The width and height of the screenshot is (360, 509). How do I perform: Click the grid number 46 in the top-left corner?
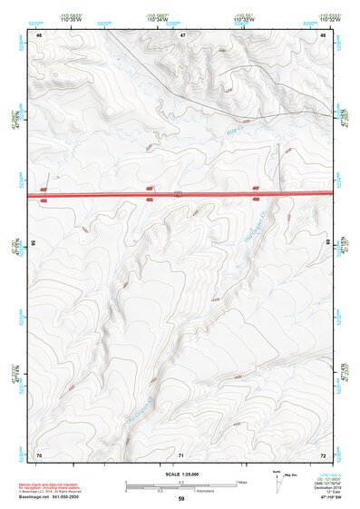coord(39,34)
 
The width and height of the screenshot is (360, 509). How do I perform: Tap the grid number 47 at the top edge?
coord(182,34)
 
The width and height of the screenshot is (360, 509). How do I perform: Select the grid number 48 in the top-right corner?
coord(324,34)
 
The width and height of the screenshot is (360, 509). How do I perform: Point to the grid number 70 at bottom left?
coord(39,454)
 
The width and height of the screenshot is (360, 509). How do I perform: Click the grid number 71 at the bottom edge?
coord(182,454)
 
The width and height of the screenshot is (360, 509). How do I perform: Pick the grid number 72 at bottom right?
coord(324,454)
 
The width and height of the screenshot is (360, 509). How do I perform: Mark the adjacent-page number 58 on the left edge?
coord(34,244)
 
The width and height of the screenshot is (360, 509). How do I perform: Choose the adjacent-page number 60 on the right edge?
coord(329,244)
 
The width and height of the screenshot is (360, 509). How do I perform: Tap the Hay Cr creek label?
coord(234,132)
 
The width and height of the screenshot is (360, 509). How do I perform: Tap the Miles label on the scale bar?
coord(242,481)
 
